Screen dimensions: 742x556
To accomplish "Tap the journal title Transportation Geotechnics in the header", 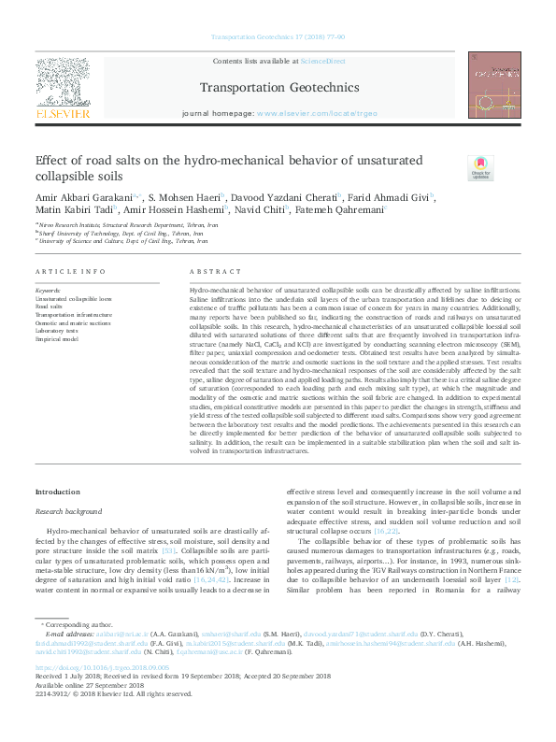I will tap(279, 89).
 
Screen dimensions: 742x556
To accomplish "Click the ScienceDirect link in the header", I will tap(322, 61).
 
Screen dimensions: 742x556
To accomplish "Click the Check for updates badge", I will tap(455, 169).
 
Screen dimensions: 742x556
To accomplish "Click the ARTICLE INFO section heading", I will tap(70, 271).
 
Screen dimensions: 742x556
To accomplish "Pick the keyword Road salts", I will tap(50, 306).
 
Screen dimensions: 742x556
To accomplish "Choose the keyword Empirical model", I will tap(58, 338).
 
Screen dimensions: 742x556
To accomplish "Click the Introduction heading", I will tap(58, 492).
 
